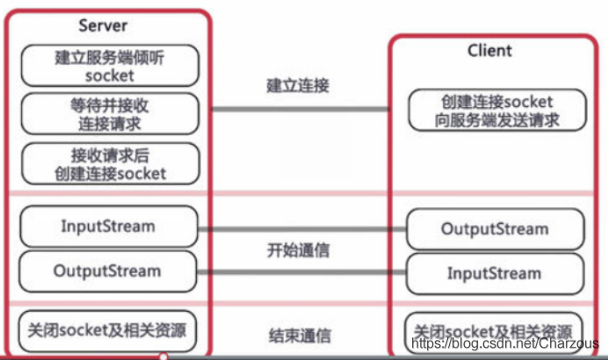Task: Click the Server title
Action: click(103, 25)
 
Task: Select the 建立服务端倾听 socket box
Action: click(110, 66)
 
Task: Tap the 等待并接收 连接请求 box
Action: click(110, 114)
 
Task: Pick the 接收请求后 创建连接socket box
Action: click(110, 164)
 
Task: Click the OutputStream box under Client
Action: click(495, 229)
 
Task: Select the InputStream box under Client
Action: click(495, 273)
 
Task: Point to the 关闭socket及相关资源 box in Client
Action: click(495, 332)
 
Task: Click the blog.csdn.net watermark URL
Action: click(505, 343)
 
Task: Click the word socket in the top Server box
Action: click(110, 76)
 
